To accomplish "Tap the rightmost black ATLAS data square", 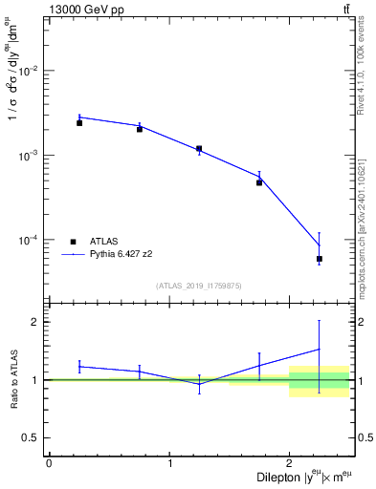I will tap(320, 259).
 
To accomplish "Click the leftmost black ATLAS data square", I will tap(79, 123).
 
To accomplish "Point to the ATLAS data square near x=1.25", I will tap(199, 149).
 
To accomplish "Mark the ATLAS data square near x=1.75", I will tap(259, 182).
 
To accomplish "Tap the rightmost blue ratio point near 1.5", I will tap(320, 349).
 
